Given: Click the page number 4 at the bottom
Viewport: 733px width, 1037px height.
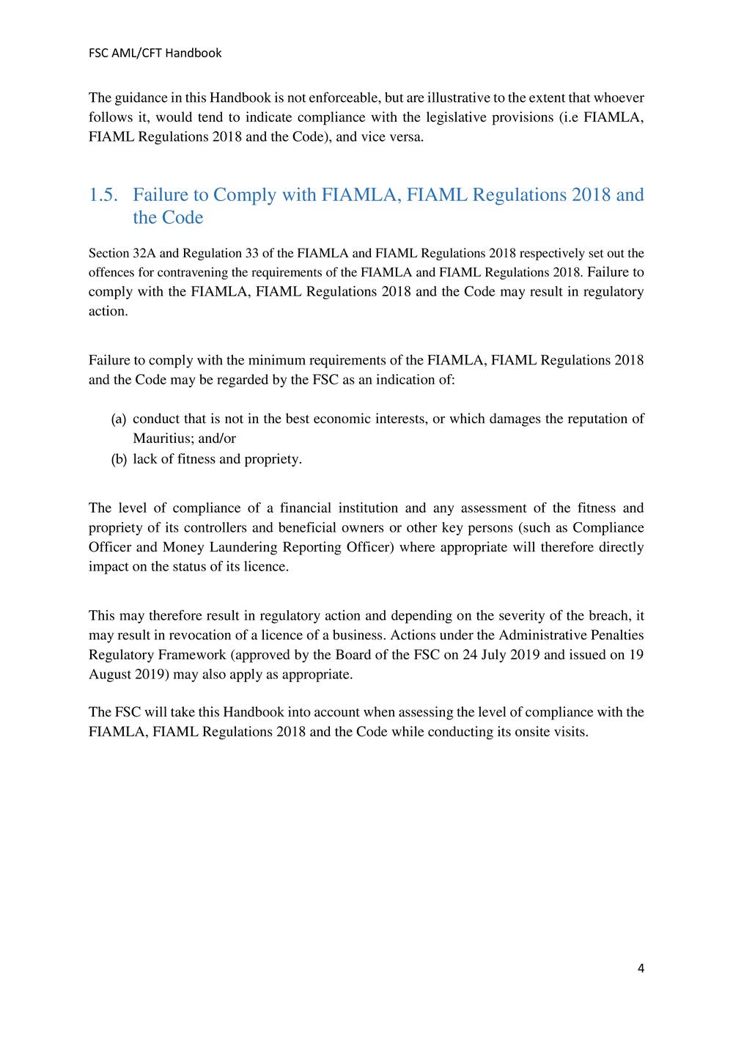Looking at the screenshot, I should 641,968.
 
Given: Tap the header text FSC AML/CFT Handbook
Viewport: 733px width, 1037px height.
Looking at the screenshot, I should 155,53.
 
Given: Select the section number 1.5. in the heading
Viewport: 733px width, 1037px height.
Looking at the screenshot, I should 103,195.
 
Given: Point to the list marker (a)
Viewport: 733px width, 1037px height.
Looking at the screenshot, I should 119,419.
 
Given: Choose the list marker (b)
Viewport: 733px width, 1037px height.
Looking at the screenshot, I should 119,459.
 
